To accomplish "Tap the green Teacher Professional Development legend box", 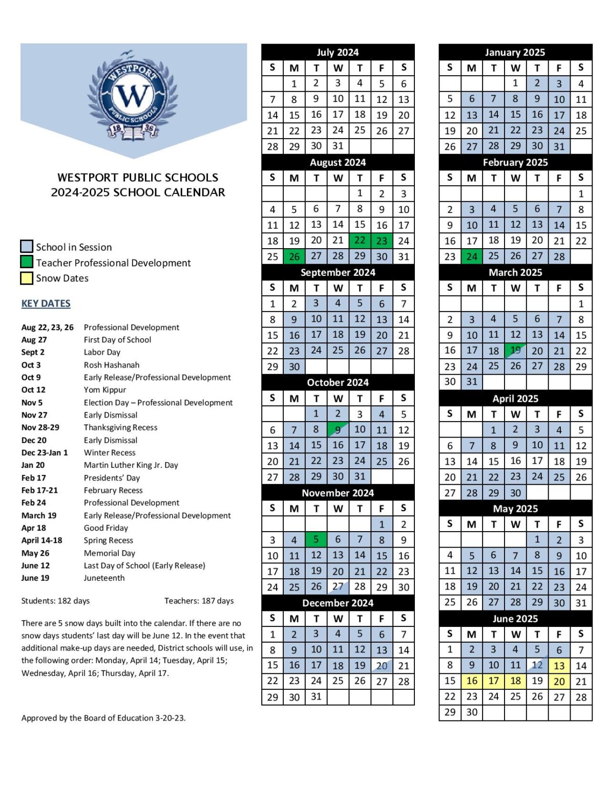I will (x=27, y=262).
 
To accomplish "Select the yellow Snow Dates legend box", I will (x=27, y=278).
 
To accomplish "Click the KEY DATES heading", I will (x=46, y=303).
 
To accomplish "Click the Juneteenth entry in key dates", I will (x=104, y=578).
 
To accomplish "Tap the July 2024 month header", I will (x=338, y=52).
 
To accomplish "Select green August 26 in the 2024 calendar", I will (x=294, y=256).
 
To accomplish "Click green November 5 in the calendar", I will (x=316, y=539).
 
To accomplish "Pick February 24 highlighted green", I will (x=472, y=256).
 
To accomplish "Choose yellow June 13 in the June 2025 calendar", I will (x=559, y=666).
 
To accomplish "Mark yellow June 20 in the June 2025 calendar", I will (x=559, y=682).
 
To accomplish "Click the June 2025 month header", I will (x=515, y=619).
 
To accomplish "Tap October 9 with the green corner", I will (x=338, y=430).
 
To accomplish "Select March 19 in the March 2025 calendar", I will (x=515, y=351).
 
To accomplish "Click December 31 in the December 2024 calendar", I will (x=316, y=696).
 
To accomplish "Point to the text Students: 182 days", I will (x=55, y=601).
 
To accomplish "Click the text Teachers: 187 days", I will (x=199, y=601).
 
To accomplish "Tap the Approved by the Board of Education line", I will (x=103, y=718).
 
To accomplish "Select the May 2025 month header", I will (x=515, y=509).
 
